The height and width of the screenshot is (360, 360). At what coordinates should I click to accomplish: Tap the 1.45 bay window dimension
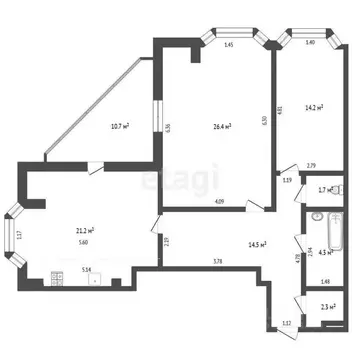228,45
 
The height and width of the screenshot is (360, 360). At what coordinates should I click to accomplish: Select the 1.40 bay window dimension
310,43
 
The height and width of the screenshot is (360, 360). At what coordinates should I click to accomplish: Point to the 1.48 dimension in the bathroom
326,281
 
